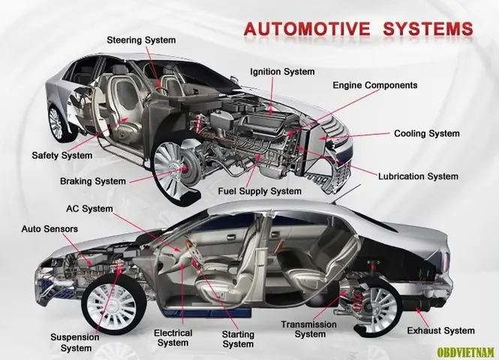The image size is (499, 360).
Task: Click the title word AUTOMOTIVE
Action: (x=307, y=29)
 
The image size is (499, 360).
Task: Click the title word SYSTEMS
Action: (x=427, y=29)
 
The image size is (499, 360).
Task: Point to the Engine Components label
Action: (x=374, y=85)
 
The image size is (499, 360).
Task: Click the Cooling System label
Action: (x=426, y=133)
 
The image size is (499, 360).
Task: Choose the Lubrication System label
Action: (x=418, y=176)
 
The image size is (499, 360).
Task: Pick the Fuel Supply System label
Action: (x=260, y=192)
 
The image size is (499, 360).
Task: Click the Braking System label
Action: (x=93, y=181)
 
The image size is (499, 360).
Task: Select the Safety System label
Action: (x=62, y=155)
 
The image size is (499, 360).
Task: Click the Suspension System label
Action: (x=75, y=342)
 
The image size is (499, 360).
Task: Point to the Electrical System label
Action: (x=172, y=337)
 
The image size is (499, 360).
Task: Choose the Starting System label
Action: (x=239, y=339)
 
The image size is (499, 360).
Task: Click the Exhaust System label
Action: (x=440, y=330)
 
